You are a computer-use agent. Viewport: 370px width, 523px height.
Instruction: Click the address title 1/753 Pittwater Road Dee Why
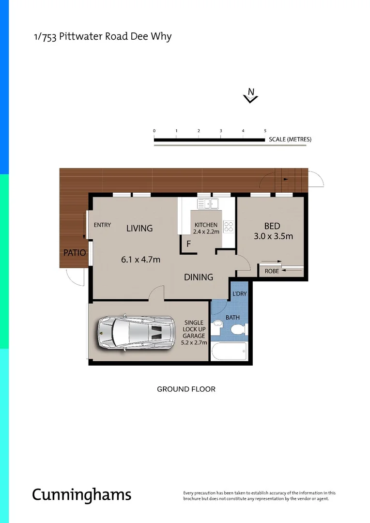(x=102, y=37)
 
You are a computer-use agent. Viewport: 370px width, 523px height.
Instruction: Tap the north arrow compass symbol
(x=251, y=95)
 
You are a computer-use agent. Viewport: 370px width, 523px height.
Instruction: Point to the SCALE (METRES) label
(x=290, y=139)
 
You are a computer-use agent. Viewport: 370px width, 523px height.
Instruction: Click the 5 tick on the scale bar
(x=265, y=131)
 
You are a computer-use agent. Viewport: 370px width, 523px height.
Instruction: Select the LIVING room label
(x=139, y=228)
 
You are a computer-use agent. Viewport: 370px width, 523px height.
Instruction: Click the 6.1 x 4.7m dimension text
(x=140, y=260)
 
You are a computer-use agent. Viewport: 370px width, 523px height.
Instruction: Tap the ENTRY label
(x=102, y=225)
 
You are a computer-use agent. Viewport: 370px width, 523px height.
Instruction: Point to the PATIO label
(x=74, y=253)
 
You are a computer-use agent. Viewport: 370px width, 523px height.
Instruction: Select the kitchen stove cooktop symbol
(x=228, y=227)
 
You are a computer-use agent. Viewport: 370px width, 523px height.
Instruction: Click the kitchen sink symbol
(x=207, y=204)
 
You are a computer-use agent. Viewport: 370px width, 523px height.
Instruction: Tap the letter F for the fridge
(x=188, y=244)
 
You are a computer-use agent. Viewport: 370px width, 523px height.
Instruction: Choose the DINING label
(x=199, y=277)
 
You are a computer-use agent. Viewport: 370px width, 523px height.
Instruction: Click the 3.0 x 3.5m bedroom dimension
(x=273, y=237)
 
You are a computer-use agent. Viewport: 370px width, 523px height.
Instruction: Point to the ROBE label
(x=272, y=271)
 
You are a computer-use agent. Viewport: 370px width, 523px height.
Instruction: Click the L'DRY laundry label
(x=239, y=294)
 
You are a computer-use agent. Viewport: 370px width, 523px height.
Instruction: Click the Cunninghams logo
(x=81, y=495)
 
